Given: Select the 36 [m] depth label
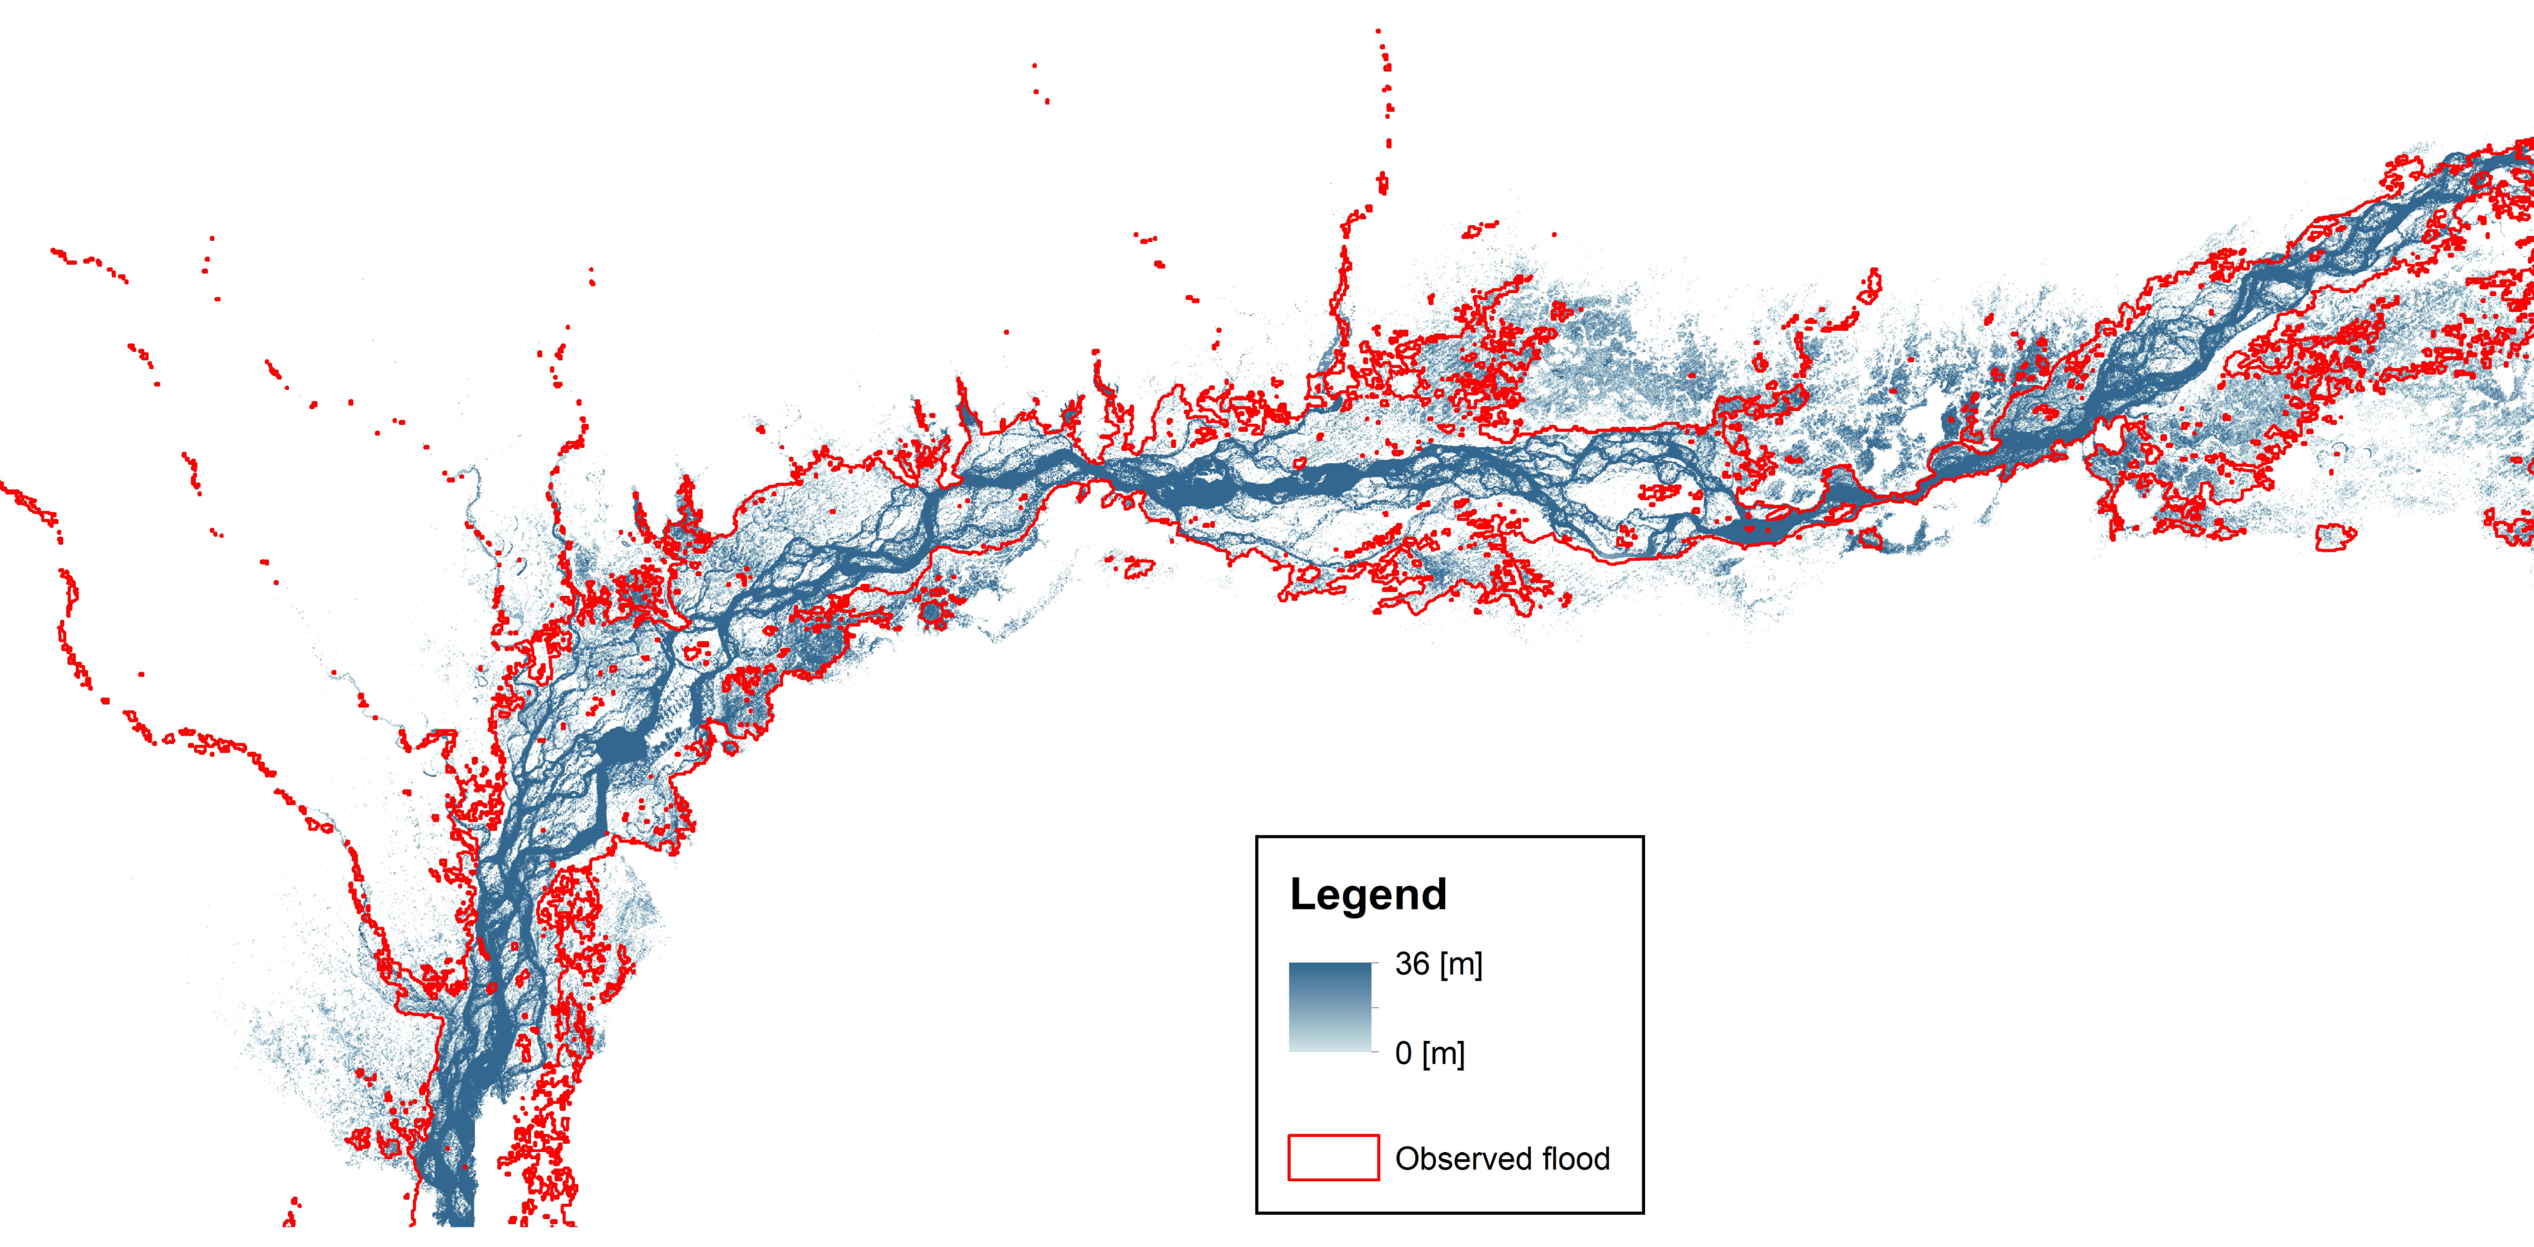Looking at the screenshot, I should [x=1438, y=964].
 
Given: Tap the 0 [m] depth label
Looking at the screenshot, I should [x=1429, y=1053].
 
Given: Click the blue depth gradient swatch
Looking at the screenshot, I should [x=1330, y=1007].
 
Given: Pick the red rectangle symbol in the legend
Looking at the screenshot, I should [x=1333, y=1158].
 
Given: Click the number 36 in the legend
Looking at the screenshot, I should [x=1412, y=964].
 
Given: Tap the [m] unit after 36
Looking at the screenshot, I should [x=1461, y=964].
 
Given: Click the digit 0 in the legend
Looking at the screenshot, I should [x=1404, y=1053].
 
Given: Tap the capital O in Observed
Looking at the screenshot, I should [x=1408, y=1158].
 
